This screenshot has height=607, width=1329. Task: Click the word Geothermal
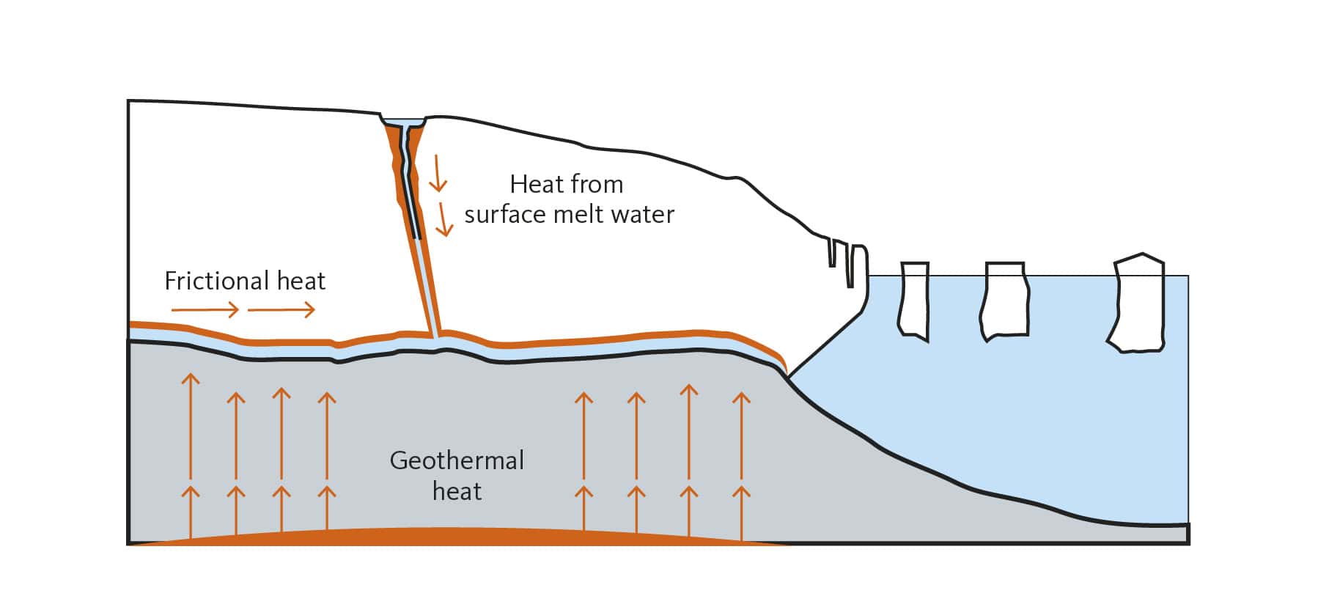(457, 460)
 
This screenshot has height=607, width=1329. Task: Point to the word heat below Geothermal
(457, 490)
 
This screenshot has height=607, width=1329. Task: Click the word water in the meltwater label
(642, 214)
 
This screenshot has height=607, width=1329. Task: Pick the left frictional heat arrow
(205, 310)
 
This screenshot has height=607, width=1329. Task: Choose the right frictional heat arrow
(281, 310)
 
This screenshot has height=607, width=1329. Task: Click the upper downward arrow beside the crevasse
(437, 173)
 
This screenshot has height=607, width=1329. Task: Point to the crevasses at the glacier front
(843, 261)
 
